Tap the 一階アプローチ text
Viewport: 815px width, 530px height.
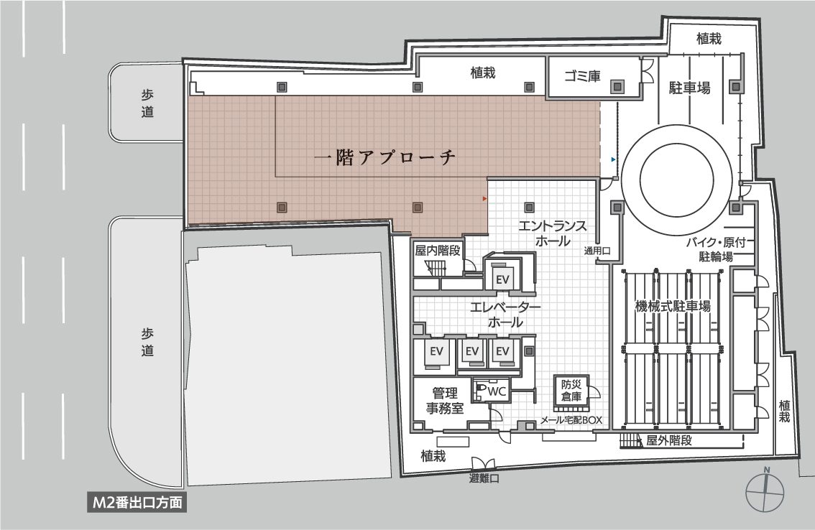click(386, 159)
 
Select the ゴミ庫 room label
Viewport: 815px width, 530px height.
click(582, 77)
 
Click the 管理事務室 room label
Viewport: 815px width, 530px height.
click(445, 401)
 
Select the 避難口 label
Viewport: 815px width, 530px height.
click(484, 478)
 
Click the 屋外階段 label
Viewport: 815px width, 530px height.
click(668, 440)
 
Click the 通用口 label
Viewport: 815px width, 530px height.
click(597, 251)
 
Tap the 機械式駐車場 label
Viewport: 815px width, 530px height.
click(673, 306)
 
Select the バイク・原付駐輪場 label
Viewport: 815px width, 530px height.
click(719, 248)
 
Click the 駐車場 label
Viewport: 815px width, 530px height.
click(690, 88)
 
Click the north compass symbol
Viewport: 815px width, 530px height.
click(766, 492)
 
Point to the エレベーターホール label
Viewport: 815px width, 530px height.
click(505, 315)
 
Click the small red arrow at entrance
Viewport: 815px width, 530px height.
click(485, 197)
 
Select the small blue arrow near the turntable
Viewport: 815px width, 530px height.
click(612, 159)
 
